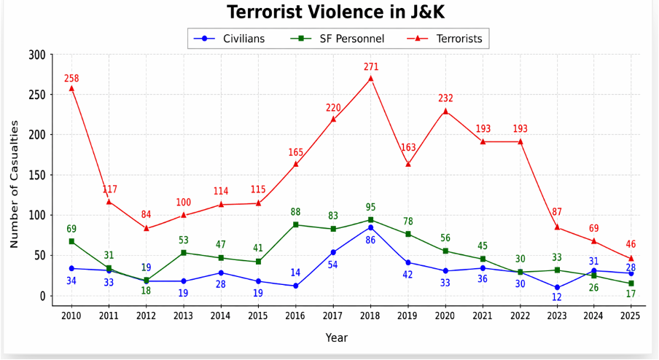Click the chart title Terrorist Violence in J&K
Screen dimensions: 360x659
tap(325, 12)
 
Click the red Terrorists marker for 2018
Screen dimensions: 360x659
tap(370, 78)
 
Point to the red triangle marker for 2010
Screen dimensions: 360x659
tap(71, 88)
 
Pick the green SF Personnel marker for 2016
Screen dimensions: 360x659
tap(295, 224)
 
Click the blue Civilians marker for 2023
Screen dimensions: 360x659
tap(556, 287)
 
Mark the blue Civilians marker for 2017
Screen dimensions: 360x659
tap(333, 252)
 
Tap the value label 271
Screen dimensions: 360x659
tap(371, 67)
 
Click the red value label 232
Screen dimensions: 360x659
tap(445, 98)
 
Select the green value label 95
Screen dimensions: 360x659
tap(371, 207)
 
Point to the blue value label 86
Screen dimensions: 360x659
tap(370, 240)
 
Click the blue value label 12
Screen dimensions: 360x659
tap(556, 297)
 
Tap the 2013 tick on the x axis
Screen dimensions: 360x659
tap(184, 316)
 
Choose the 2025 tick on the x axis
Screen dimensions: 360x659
tap(631, 316)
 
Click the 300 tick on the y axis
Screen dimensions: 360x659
tap(37, 55)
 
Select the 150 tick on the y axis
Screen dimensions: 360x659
tap(37, 175)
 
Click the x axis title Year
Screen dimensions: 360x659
tap(337, 337)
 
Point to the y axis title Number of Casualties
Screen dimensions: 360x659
tap(14, 174)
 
